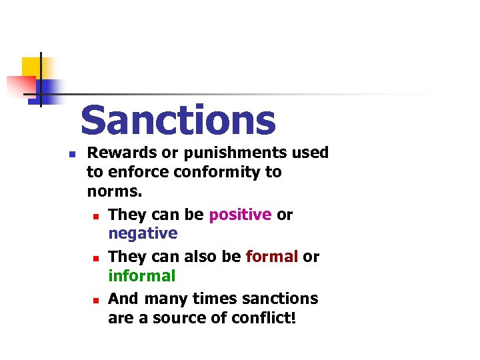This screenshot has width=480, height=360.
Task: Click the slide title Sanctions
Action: (177, 121)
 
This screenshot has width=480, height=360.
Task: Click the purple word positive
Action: (240, 215)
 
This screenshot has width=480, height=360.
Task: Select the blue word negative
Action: (143, 233)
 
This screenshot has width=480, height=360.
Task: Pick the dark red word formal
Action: (271, 257)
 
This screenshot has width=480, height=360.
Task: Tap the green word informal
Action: (141, 275)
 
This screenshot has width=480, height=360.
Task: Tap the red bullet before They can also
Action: (96, 257)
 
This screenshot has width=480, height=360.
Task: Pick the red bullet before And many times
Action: (96, 299)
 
